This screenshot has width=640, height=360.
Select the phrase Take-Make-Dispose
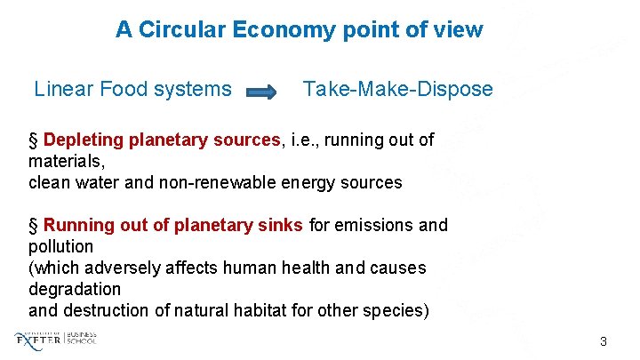pyautogui.click(x=397, y=89)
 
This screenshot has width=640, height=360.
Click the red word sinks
pyautogui.click(x=282, y=225)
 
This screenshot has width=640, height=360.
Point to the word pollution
pyautogui.click(x=60, y=246)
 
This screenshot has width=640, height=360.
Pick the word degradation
pyautogui.click(x=75, y=289)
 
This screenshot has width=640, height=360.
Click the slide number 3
pyautogui.click(x=604, y=341)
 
